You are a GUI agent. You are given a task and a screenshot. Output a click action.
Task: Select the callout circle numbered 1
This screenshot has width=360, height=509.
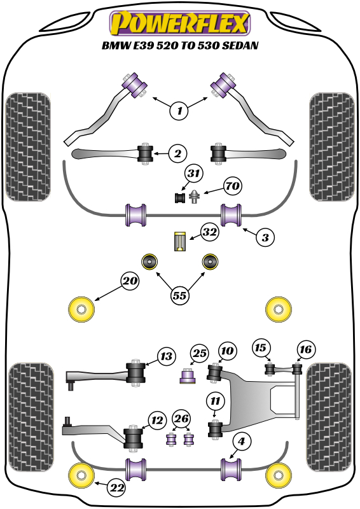click(179, 111)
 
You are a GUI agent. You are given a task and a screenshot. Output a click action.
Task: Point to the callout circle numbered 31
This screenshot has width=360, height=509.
click(194, 173)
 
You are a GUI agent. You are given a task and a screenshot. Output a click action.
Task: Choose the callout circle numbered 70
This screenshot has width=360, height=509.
click(232, 187)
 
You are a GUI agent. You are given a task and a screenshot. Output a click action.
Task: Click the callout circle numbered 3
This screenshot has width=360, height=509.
click(266, 237)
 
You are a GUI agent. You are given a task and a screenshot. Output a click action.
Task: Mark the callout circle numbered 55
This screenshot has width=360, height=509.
click(181, 295)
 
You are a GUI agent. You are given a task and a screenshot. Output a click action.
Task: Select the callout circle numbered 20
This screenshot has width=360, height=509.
click(130, 281)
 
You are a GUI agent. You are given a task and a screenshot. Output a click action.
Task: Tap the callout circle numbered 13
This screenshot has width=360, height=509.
click(166, 356)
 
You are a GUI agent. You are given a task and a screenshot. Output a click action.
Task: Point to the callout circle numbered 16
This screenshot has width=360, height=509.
click(305, 349)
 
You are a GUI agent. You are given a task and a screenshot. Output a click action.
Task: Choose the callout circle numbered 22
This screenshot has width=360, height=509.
click(116, 488)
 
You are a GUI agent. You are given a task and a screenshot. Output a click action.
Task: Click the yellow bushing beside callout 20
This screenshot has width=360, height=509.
click(81, 309)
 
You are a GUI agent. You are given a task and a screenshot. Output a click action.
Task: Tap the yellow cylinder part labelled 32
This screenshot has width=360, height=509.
click(180, 242)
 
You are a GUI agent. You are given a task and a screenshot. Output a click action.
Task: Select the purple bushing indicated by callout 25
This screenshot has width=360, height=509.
click(188, 377)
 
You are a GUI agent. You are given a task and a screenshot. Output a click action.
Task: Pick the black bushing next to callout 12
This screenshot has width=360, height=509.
click(134, 436)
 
